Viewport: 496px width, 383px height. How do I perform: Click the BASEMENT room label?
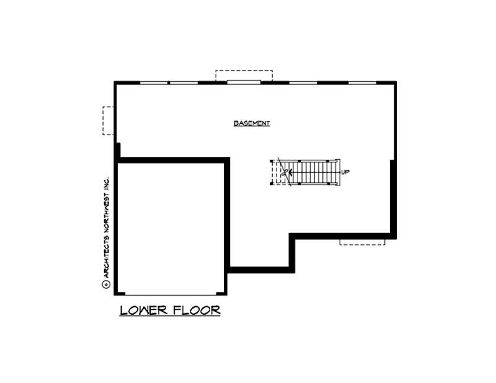coord(252,123)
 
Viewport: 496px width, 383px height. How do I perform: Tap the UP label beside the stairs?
coord(345,172)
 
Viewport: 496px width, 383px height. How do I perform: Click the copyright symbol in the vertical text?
coord(105,285)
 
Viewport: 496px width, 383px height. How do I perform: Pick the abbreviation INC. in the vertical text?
coord(105,182)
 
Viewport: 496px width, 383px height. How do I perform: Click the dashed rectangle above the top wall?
coord(244,75)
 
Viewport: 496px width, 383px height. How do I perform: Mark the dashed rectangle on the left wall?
coord(108,120)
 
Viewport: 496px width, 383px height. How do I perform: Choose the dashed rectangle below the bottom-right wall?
coord(362,241)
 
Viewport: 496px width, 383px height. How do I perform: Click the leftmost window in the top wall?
coord(153,82)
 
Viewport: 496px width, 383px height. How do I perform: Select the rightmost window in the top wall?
coord(361,82)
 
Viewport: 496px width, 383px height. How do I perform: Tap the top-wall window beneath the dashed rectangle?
coord(243,82)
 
